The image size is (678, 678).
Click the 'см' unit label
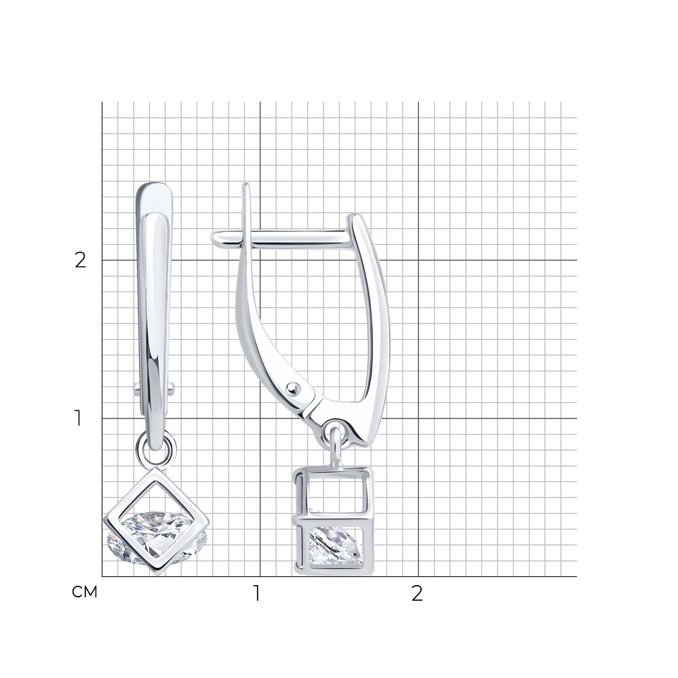85,592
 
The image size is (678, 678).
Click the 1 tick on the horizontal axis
257,594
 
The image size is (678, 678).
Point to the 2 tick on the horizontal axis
416,594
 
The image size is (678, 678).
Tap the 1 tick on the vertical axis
78,418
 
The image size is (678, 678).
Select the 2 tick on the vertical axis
81,260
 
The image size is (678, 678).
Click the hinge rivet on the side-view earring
294,387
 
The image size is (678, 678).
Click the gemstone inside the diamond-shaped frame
158,537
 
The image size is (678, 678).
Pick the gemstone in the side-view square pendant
335,544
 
